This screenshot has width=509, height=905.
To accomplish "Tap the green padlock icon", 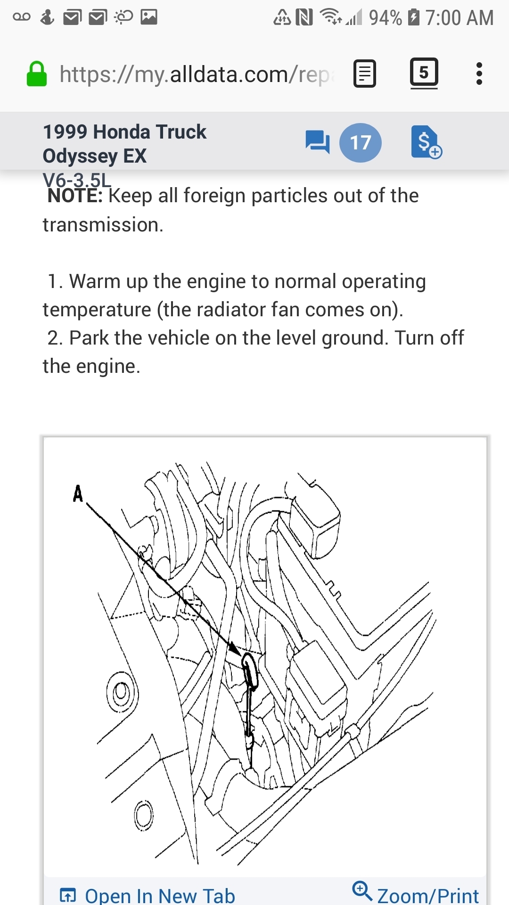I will point(36,74).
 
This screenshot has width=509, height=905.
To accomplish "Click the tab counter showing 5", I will point(424,73).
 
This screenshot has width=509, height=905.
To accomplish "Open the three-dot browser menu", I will point(479,74).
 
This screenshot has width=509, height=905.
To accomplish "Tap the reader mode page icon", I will point(364,74).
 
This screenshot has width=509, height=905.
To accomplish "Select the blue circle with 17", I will point(360,142).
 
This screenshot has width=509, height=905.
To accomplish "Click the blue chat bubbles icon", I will point(317,141).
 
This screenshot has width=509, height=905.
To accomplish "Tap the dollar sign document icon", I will point(426,142).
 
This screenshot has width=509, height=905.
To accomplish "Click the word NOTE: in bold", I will point(74,196).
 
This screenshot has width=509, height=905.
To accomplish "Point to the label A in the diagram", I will point(78,494).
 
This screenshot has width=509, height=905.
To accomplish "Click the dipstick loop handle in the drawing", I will point(250,669).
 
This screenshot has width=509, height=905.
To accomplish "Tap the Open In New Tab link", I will point(159,895).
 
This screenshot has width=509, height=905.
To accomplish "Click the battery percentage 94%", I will point(385,18).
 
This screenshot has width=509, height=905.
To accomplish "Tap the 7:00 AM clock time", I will point(459,18).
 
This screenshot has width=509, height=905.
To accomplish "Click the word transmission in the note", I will point(102,225).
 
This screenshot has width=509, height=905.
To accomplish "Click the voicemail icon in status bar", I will point(22,17).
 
